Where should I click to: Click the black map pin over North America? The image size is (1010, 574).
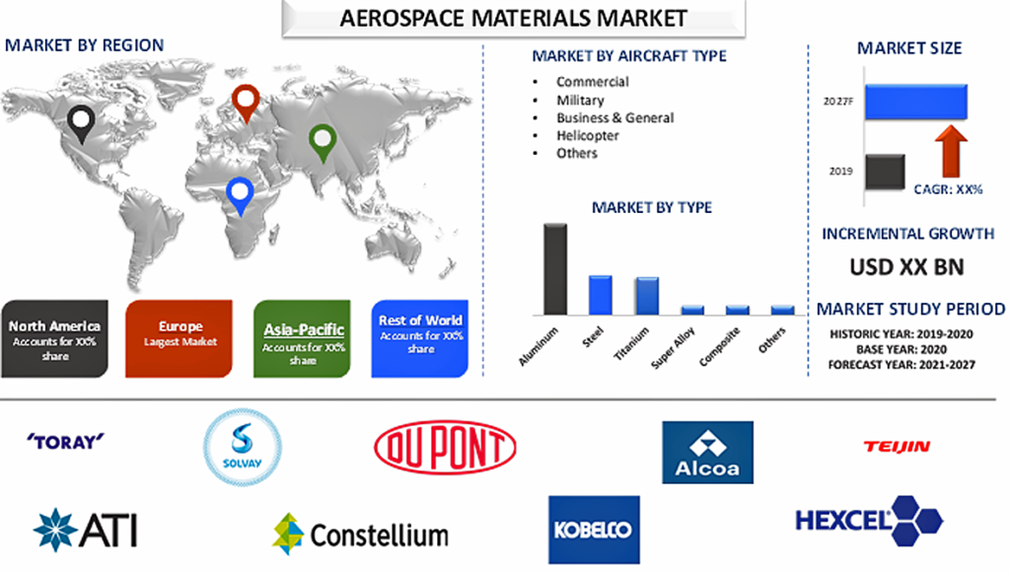(x=81, y=123)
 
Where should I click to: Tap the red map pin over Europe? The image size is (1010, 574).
(x=246, y=103)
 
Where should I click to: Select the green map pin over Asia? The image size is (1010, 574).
(x=323, y=142)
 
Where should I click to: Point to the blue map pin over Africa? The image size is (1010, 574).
(x=241, y=194)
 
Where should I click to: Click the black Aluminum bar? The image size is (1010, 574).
(x=555, y=269)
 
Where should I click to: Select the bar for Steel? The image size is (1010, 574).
(x=601, y=295)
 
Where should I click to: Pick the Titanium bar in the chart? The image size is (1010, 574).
(x=647, y=296)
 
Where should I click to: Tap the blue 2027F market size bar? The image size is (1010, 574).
(x=916, y=102)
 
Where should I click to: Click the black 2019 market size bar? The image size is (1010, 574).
(x=885, y=172)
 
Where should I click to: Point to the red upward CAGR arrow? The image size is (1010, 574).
(x=951, y=152)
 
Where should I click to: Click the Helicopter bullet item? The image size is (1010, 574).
(x=588, y=135)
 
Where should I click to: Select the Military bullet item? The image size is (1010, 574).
(x=580, y=100)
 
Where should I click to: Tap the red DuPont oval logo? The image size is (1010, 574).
(x=445, y=447)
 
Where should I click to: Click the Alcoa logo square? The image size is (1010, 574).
(x=707, y=453)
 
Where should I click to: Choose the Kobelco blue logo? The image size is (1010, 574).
(x=594, y=530)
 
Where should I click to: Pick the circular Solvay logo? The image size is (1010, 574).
(x=243, y=447)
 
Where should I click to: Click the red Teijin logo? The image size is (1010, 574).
(x=897, y=446)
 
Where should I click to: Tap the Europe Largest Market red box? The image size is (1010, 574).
(x=180, y=339)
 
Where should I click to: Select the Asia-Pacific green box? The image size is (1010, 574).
(x=302, y=339)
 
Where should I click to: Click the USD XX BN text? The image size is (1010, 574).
(x=906, y=266)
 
